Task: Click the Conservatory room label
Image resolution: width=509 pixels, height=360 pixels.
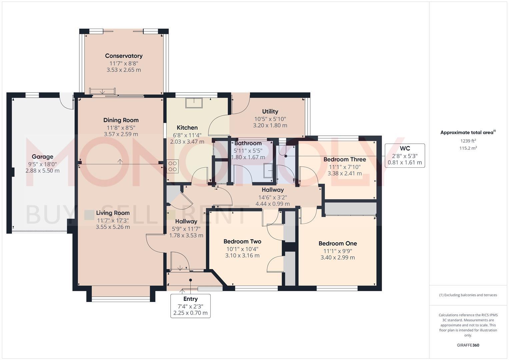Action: (x=124, y=56)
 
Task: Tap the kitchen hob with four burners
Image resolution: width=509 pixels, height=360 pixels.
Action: (x=173, y=166)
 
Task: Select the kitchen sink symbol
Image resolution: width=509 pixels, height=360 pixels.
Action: (x=194, y=103)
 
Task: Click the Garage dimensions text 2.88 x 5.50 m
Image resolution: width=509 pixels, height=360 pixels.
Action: (x=43, y=171)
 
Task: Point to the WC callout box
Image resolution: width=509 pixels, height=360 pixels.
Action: (x=405, y=155)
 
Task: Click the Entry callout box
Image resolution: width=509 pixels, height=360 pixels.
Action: (x=190, y=306)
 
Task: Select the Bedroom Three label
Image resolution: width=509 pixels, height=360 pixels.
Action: (x=345, y=160)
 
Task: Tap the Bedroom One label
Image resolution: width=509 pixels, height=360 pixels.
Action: (x=338, y=244)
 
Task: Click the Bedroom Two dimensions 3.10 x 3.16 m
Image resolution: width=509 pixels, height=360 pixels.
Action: (x=242, y=256)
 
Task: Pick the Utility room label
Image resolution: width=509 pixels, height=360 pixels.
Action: (x=270, y=112)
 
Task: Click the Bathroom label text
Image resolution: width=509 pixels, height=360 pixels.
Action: (x=248, y=143)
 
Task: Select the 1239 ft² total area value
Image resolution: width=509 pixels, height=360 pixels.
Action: (x=468, y=141)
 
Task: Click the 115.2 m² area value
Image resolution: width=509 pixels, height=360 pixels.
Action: (x=468, y=148)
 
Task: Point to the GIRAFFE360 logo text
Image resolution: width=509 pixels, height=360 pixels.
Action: (x=468, y=345)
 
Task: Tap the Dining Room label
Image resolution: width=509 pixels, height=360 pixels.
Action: (x=121, y=120)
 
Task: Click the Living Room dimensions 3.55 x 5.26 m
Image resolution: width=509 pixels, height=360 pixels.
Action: (x=113, y=227)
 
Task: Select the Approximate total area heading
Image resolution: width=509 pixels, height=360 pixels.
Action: (x=468, y=133)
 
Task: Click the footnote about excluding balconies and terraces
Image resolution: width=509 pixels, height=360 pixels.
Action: (x=468, y=295)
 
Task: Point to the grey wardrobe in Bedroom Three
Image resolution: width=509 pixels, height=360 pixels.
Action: (x=350, y=209)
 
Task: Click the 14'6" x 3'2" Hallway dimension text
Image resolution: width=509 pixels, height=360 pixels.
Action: (x=273, y=197)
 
